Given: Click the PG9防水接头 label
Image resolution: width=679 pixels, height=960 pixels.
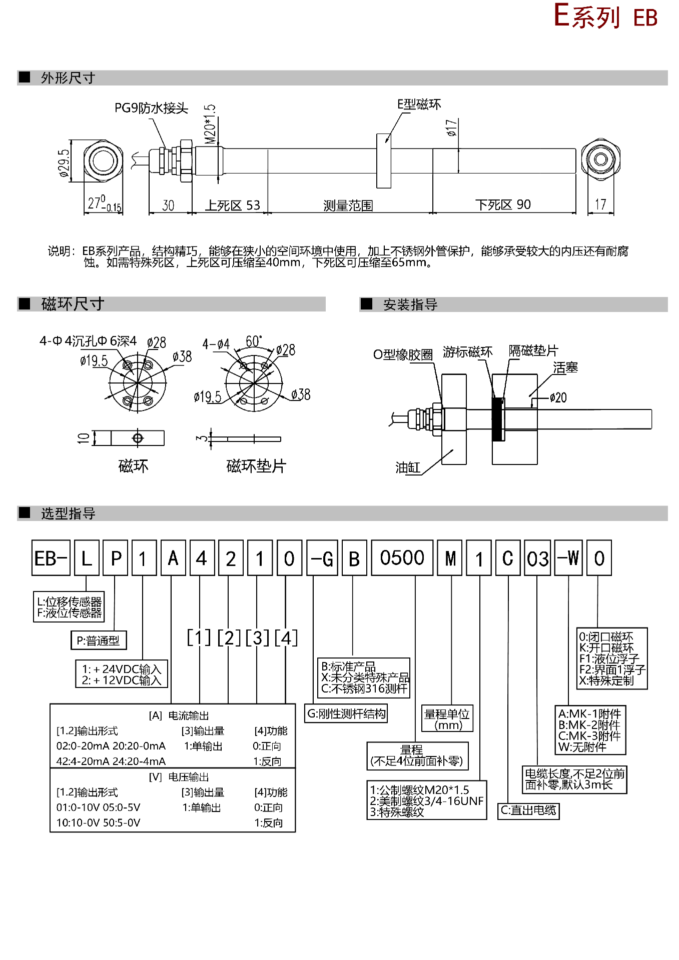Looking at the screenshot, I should click(x=151, y=108).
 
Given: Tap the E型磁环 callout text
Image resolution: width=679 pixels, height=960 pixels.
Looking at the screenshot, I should click(x=419, y=104).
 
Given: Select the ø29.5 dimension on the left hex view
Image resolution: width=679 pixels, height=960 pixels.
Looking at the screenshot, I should click(x=64, y=163).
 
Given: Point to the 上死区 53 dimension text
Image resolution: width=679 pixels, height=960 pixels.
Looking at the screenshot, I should click(x=233, y=205).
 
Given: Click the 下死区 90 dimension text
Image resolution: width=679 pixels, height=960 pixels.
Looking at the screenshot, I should click(x=503, y=204).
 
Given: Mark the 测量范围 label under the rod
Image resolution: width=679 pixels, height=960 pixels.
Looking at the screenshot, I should click(x=348, y=205).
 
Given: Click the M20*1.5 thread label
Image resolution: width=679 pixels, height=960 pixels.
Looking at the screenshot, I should click(x=210, y=123).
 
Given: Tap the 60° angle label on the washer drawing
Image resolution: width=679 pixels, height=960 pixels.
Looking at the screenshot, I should click(x=254, y=341).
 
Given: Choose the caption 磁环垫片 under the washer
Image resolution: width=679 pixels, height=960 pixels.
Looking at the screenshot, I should click(x=256, y=466).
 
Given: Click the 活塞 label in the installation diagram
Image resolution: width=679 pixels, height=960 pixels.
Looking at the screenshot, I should click(x=565, y=368).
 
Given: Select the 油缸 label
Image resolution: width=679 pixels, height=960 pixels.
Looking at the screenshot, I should click(x=408, y=467).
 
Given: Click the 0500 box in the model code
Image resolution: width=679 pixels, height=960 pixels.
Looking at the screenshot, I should click(x=402, y=558).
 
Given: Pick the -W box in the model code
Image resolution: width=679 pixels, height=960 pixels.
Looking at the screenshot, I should click(x=568, y=558).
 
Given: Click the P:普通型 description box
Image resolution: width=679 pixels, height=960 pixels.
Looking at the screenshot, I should click(x=99, y=640).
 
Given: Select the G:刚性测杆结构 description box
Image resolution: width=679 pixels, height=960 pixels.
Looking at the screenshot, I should click(x=346, y=713).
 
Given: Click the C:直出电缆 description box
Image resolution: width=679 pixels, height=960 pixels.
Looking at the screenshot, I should click(x=528, y=810).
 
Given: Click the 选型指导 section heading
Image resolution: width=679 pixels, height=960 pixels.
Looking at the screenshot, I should click(x=68, y=513).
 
